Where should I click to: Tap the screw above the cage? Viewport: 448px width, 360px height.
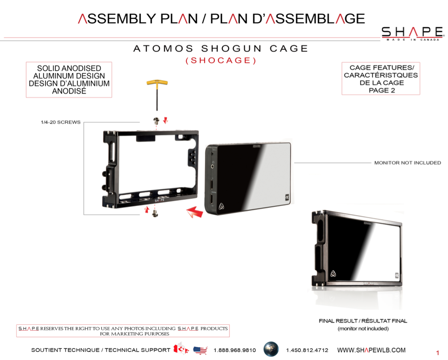(x=156, y=121)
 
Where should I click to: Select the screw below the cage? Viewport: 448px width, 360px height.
(x=155, y=213)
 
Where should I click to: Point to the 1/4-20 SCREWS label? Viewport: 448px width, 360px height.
(x=61, y=122)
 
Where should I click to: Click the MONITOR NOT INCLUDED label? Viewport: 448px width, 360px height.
(x=407, y=163)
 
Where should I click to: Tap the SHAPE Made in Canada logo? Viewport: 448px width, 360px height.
(x=413, y=33)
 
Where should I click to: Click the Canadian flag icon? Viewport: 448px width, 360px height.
(x=181, y=349)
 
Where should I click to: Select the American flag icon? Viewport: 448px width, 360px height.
(x=200, y=350)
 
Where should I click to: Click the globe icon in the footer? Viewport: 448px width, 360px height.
(x=271, y=349)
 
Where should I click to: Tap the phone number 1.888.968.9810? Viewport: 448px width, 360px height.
(x=235, y=350)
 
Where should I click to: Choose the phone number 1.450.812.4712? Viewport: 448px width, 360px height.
(x=307, y=350)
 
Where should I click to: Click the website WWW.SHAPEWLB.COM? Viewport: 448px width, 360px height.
(x=371, y=350)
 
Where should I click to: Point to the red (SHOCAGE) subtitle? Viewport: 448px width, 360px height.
(x=221, y=61)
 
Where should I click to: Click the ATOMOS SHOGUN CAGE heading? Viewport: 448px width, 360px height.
(x=221, y=49)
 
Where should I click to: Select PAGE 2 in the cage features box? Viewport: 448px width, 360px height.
(x=382, y=90)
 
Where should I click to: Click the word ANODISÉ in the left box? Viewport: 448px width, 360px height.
(x=69, y=91)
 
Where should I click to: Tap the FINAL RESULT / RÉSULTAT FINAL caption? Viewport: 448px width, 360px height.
(x=363, y=321)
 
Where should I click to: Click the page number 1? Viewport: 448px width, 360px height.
(x=437, y=353)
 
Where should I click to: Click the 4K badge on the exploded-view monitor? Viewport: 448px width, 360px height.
(x=288, y=197)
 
